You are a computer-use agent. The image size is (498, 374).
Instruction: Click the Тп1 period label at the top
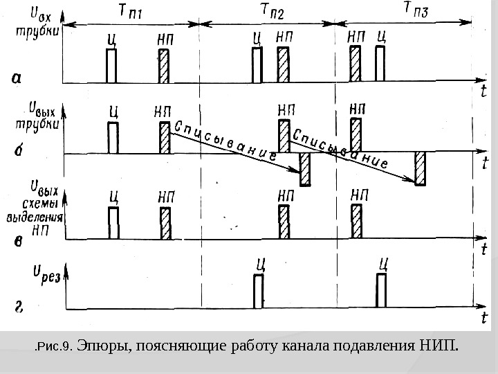131,10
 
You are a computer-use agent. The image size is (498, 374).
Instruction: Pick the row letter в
19,240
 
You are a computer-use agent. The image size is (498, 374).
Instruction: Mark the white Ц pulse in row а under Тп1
111,66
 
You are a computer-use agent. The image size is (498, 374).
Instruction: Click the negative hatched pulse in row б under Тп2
304,169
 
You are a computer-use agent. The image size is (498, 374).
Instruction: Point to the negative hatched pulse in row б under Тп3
420,169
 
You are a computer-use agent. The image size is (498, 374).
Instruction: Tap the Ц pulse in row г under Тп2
259,291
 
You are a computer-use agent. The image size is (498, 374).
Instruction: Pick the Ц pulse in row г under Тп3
381,290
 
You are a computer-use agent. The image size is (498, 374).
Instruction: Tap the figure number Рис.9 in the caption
55,345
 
